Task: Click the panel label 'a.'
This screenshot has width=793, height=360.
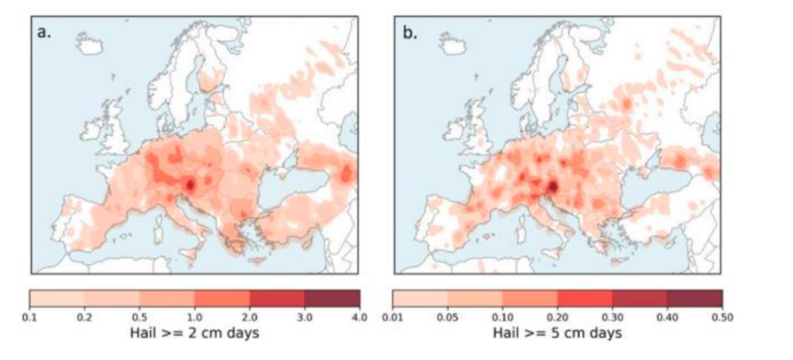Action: coord(45,33)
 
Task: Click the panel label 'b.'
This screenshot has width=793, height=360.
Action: coord(408,33)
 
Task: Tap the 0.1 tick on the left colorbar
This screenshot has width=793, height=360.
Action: coord(30,317)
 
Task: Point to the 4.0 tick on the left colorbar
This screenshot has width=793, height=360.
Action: coord(359,317)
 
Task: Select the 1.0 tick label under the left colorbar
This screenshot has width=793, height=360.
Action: coord(194,317)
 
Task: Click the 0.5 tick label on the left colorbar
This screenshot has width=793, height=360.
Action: coord(139,317)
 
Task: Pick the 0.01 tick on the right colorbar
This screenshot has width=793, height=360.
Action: coord(393,317)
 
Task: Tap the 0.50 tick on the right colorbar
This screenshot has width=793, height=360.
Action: coord(723,317)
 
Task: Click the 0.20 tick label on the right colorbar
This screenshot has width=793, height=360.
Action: coord(558,317)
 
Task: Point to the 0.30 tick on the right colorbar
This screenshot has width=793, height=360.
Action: coord(613,317)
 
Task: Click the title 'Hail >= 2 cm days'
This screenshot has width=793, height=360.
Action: coord(194,334)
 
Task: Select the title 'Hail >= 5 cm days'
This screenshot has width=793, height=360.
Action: coord(558,334)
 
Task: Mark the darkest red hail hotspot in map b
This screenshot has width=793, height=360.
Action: coord(553,187)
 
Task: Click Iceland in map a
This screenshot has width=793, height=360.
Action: coord(91,46)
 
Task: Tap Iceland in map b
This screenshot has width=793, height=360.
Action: coord(454,46)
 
